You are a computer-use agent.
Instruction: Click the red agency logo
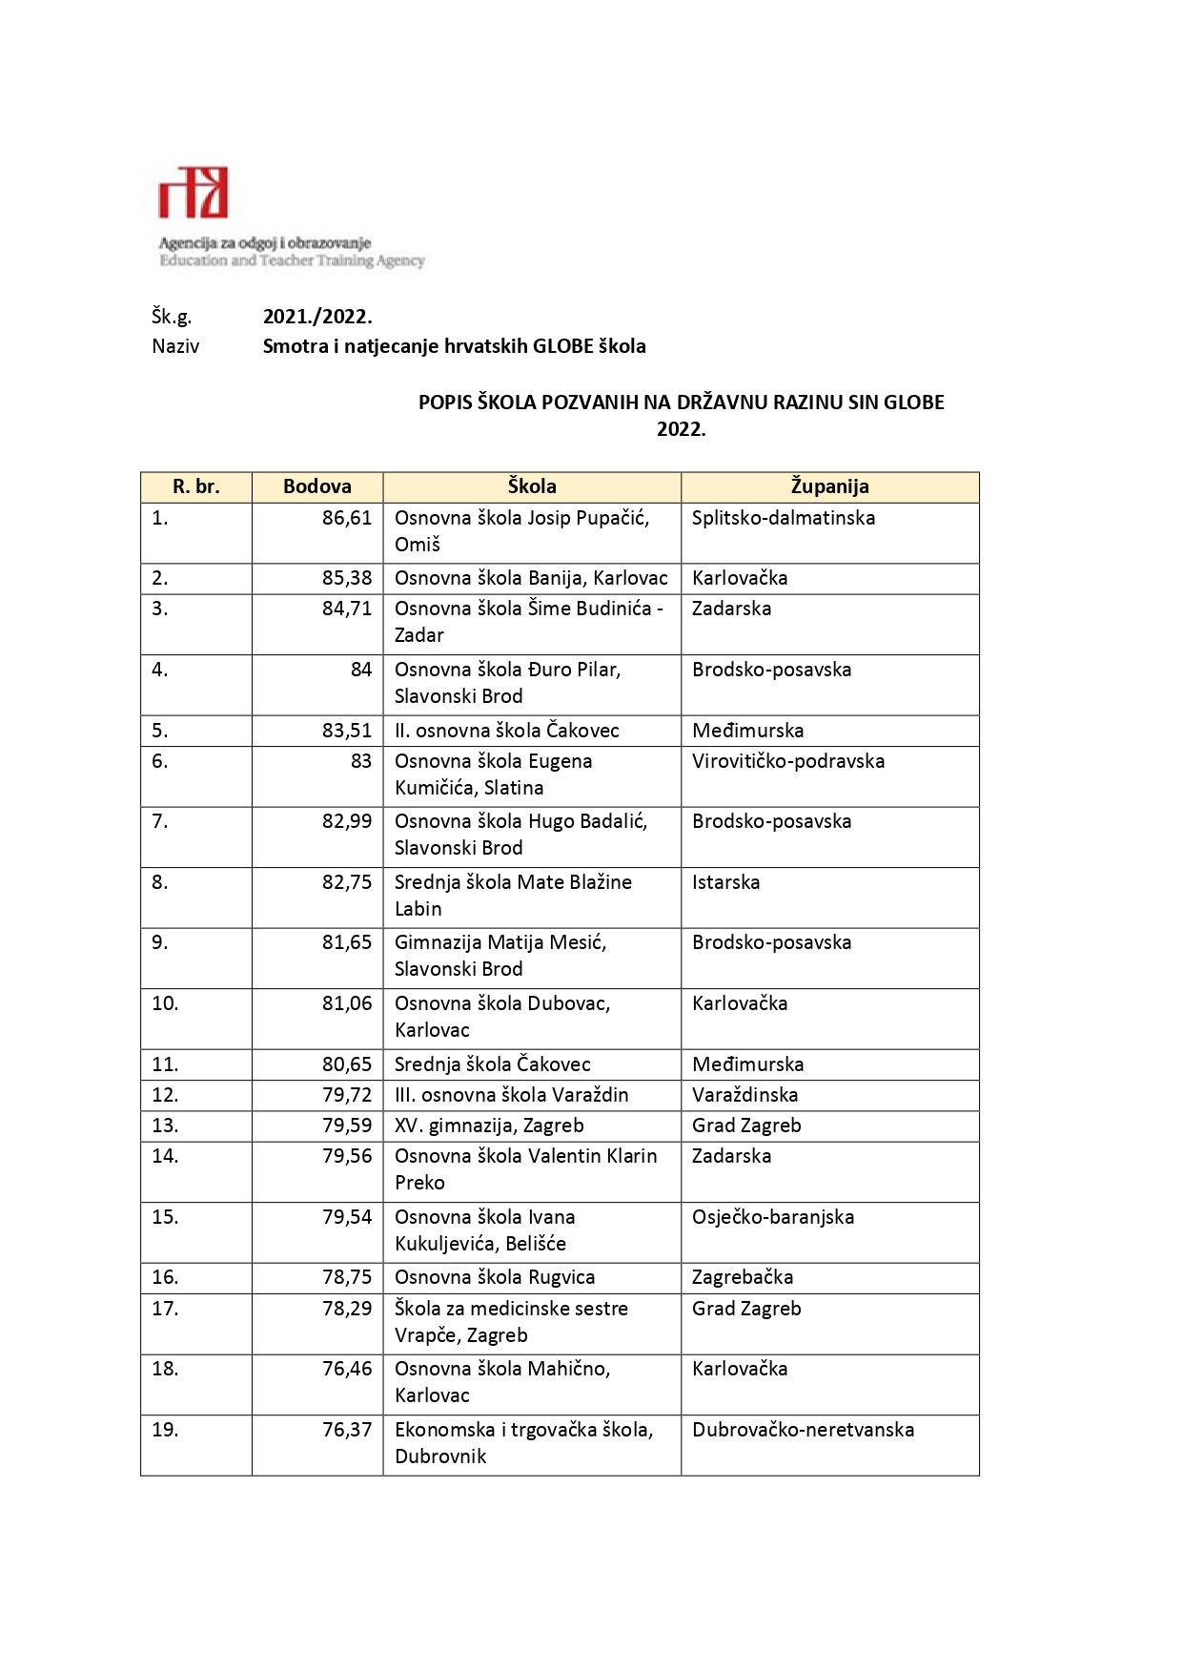point(194,193)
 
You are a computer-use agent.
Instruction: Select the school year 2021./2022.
point(317,317)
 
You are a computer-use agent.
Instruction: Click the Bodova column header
point(317,486)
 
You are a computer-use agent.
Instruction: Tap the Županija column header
point(829,486)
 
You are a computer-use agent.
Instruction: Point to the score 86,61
point(347,518)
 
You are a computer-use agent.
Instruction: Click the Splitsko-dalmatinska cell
point(784,518)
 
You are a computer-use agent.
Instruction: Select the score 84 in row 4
point(361,670)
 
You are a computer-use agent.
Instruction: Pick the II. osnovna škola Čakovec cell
point(507,731)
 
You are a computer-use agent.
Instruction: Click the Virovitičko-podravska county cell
point(788,761)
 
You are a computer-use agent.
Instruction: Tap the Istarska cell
point(726,882)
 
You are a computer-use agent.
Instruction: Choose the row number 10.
point(165,1003)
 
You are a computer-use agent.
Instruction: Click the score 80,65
point(347,1064)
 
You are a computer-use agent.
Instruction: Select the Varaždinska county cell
point(745,1095)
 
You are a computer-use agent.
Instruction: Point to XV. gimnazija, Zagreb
point(489,1126)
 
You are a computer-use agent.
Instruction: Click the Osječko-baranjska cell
point(773,1217)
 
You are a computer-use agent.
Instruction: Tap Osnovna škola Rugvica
point(495,1277)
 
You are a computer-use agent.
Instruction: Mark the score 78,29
point(347,1309)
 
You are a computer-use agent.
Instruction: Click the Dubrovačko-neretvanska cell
point(804,1430)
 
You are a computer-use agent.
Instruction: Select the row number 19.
point(165,1430)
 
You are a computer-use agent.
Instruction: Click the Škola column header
point(532,486)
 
